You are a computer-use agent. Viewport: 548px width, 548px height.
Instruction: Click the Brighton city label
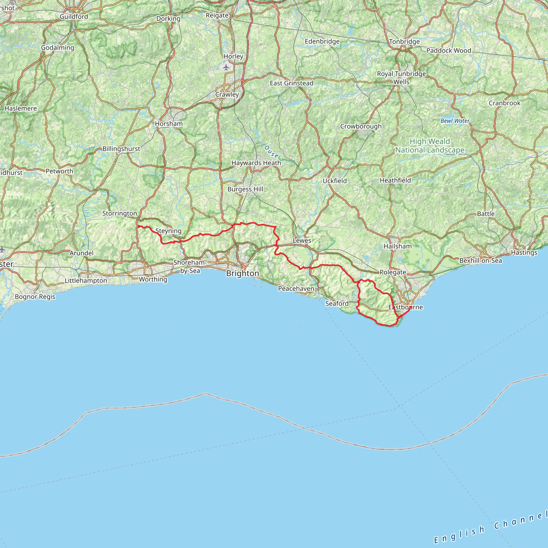coord(242,273)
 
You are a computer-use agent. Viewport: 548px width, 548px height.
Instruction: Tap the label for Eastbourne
coord(405,307)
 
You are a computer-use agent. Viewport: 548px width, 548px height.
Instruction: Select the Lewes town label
coord(302,241)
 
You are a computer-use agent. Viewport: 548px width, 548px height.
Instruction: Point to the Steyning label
coord(169,231)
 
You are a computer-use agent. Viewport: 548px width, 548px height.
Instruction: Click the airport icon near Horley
coord(226,67)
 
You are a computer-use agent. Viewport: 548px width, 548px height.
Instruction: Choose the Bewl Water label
coord(455,121)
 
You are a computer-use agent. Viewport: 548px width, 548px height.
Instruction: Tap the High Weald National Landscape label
coord(430,146)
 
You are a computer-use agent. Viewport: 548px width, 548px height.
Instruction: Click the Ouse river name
coord(271,152)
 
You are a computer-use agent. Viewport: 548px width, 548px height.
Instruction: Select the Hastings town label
coord(524,252)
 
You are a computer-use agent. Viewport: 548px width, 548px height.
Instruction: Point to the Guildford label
coord(74,17)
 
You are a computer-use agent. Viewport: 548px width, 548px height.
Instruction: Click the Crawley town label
coord(227,94)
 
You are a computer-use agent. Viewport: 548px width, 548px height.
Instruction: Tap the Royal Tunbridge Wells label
coord(401,78)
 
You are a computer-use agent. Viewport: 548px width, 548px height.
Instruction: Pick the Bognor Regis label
coord(35,297)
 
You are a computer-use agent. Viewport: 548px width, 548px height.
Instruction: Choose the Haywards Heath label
coord(256,163)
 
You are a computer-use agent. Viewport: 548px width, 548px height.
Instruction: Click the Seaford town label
coord(337,303)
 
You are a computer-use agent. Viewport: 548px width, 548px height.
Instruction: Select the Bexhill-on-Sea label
coord(481,261)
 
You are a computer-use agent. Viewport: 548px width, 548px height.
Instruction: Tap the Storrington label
coord(119,213)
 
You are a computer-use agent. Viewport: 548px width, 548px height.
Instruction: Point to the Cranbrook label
coord(504,103)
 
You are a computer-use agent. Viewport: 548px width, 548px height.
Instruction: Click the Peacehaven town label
coord(296,289)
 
